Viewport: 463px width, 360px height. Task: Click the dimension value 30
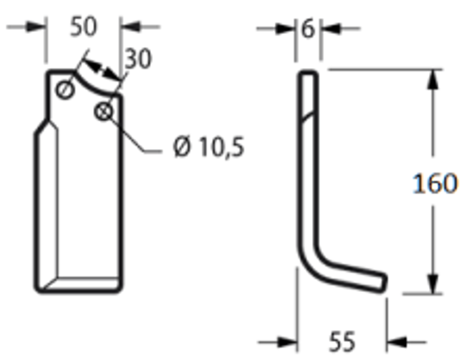pyautogui.click(x=138, y=59)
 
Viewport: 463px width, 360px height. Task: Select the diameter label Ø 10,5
pyautogui.click(x=209, y=148)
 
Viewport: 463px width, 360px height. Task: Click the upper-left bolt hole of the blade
pyautogui.click(x=65, y=90)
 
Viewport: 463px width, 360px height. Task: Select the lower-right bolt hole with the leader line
pyautogui.click(x=103, y=112)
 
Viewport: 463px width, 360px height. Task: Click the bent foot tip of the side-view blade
pyautogui.click(x=383, y=282)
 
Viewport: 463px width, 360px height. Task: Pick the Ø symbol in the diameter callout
pyautogui.click(x=182, y=148)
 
